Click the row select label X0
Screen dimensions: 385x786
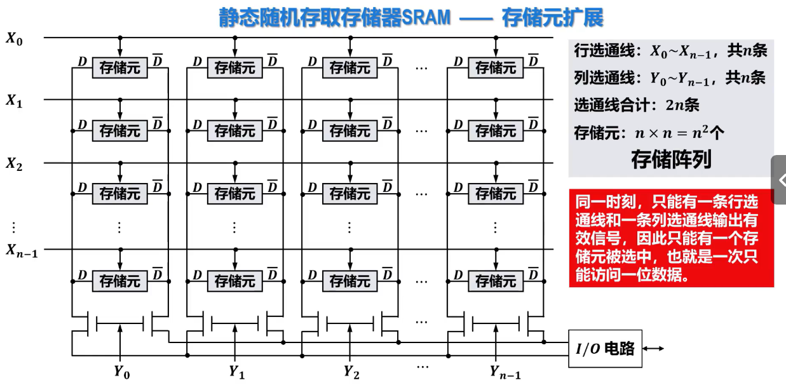click(14, 38)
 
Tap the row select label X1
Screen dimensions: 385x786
click(14, 100)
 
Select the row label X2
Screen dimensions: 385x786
click(14, 164)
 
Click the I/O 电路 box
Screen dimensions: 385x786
click(605, 349)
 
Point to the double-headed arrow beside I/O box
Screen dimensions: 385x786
click(654, 349)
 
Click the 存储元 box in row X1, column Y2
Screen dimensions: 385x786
click(350, 131)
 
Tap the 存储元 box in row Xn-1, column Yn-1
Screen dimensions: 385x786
click(496, 280)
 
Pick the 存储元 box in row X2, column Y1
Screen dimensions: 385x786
click(235, 193)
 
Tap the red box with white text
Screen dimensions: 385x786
click(671, 238)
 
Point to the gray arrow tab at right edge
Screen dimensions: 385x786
click(779, 180)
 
